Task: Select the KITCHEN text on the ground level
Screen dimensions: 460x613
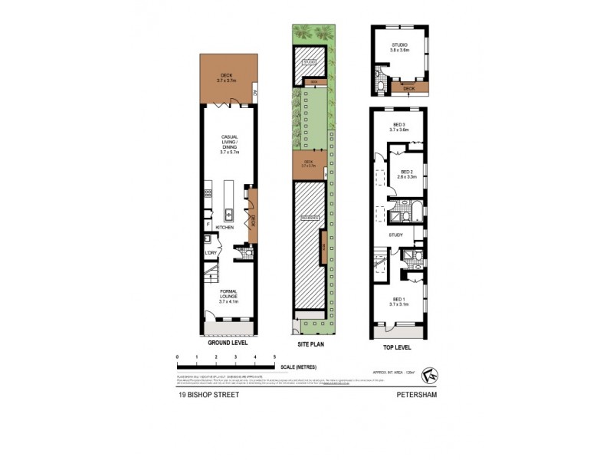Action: [x=224, y=228]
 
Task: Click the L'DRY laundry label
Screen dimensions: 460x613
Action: [x=210, y=252]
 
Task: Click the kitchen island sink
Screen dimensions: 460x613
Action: [x=228, y=213]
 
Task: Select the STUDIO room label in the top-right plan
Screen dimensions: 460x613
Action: [x=399, y=48]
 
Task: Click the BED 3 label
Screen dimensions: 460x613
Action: [x=399, y=127]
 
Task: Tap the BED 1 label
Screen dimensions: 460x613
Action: [x=399, y=301]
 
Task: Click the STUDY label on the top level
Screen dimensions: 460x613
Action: [x=396, y=235]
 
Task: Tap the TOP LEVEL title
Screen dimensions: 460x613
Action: [x=398, y=346]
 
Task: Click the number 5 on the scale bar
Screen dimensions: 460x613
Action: [x=274, y=357]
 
